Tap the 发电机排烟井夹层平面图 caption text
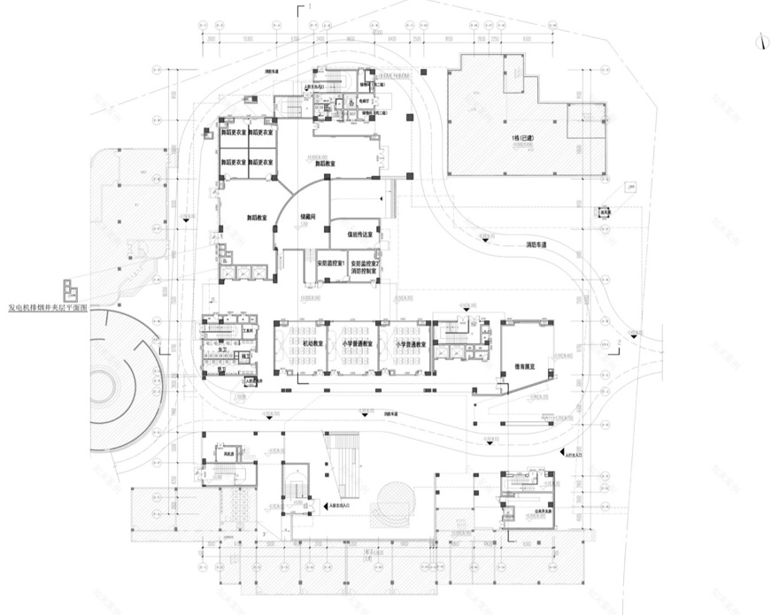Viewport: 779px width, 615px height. point(47,308)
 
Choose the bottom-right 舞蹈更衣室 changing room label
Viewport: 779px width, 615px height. point(261,163)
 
